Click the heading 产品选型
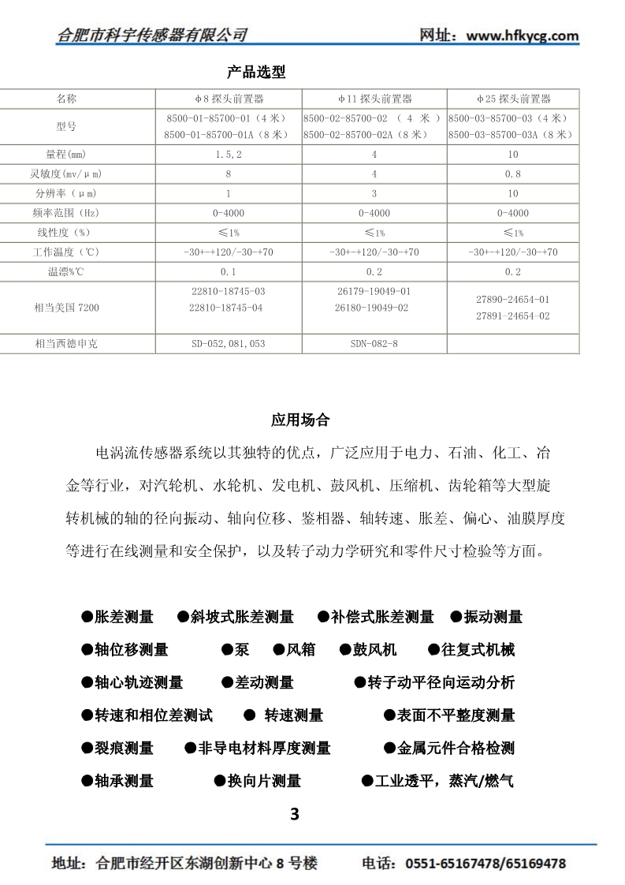(x=255, y=73)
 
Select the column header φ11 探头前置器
(x=374, y=99)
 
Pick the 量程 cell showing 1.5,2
(x=228, y=154)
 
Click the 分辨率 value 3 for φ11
(x=374, y=193)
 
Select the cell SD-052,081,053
(x=228, y=344)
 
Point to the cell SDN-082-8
(x=374, y=344)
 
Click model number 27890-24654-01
(x=513, y=300)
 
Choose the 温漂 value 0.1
(x=228, y=272)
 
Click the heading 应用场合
(x=300, y=420)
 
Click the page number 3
(x=295, y=814)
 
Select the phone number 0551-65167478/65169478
(x=485, y=864)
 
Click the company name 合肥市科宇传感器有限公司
(x=153, y=35)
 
